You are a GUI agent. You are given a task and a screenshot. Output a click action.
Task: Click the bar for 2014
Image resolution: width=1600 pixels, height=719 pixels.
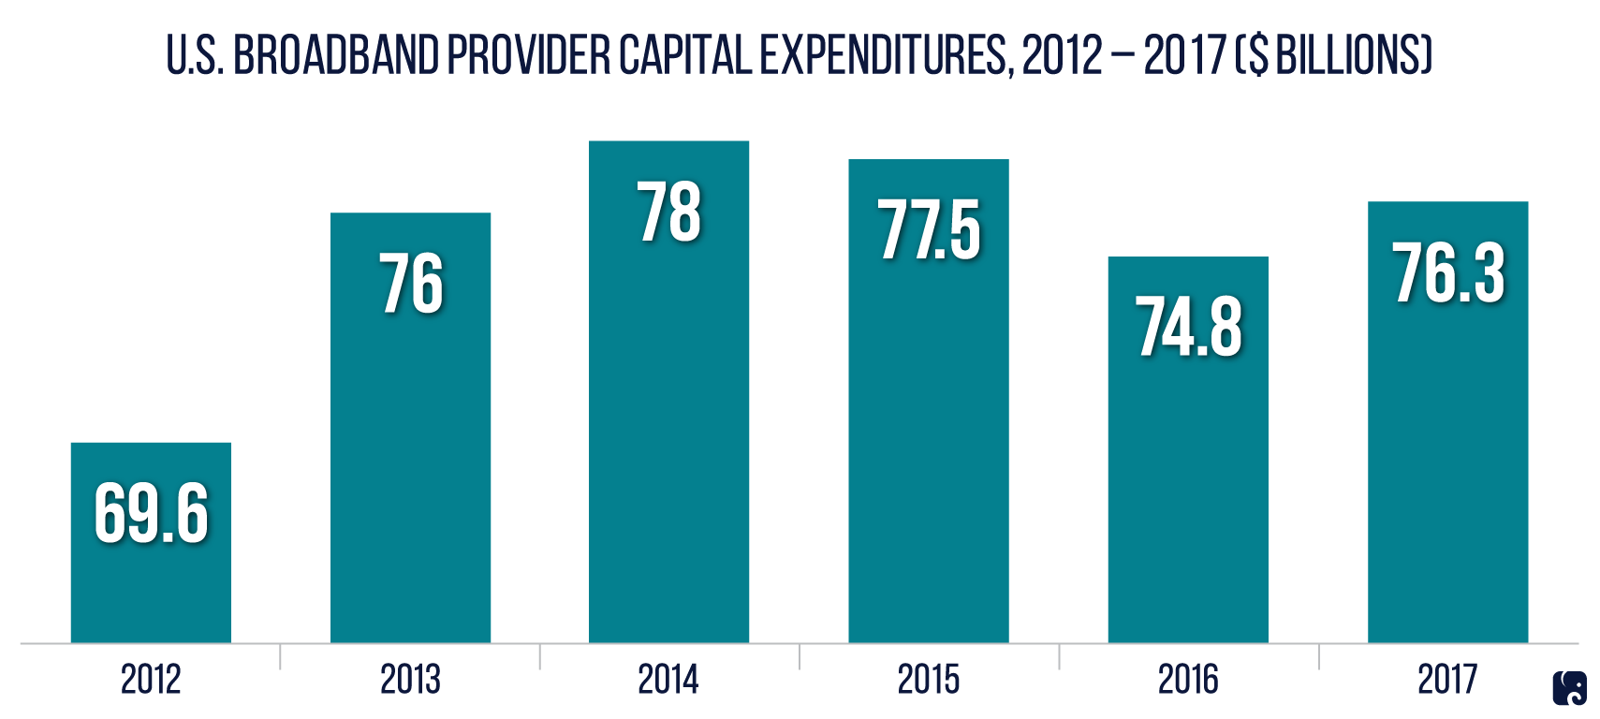[668, 421]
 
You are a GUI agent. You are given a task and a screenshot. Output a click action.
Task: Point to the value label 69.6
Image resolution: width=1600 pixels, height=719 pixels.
[151, 513]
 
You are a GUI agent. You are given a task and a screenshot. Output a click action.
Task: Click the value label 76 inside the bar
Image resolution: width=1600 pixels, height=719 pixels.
[411, 283]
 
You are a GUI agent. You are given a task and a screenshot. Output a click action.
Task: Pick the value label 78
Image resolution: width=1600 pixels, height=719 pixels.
[668, 213]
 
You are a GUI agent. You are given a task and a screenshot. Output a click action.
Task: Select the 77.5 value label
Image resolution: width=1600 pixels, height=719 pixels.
[929, 230]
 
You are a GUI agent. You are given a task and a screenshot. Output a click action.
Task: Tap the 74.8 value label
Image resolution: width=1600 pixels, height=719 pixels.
[1189, 327]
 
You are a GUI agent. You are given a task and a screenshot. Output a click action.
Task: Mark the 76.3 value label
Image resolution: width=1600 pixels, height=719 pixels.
[1448, 273]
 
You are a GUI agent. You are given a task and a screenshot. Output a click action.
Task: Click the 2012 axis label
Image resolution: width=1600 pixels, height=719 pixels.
[151, 680]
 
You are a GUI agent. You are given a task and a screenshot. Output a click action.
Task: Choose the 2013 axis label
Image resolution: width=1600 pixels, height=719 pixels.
[410, 680]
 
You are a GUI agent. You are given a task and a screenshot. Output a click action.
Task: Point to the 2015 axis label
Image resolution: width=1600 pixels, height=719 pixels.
[929, 680]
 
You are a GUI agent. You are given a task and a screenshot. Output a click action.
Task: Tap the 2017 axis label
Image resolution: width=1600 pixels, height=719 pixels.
[1447, 680]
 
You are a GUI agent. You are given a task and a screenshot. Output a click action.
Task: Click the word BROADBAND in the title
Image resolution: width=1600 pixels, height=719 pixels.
[335, 55]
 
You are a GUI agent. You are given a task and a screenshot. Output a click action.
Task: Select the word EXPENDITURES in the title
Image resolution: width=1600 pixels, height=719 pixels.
[885, 55]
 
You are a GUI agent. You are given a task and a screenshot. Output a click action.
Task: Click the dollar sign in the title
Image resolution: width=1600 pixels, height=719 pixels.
[1258, 55]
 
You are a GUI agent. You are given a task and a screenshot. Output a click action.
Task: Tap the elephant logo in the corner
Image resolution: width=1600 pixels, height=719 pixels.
[1570, 689]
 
